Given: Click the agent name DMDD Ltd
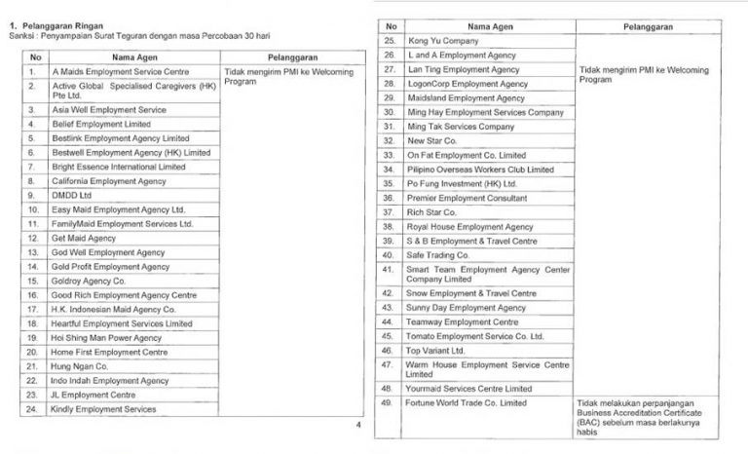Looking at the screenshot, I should [73, 195].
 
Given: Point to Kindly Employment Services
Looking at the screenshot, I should [104, 409].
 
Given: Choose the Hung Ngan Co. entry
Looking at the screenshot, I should [80, 366].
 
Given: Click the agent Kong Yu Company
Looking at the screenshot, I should [449, 41].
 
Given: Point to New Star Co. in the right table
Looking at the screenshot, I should [432, 140].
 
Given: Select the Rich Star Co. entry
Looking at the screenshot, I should [433, 211].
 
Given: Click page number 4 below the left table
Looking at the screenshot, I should [357, 427].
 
